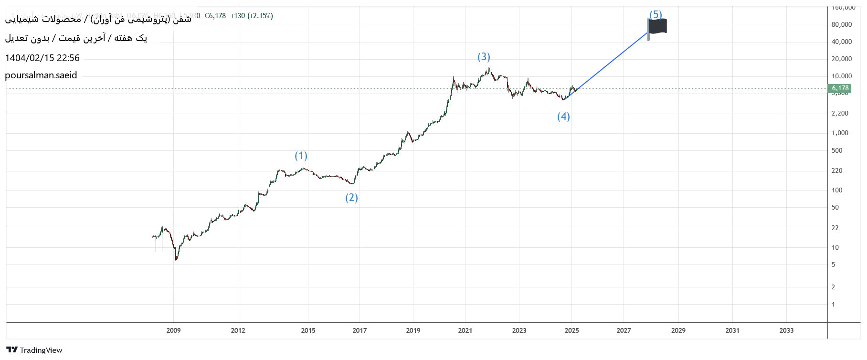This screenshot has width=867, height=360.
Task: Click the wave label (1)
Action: (301, 156)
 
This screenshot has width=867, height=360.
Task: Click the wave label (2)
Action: (351, 198)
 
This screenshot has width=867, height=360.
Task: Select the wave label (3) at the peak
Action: (484, 57)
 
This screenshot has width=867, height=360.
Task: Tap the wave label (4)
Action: (563, 116)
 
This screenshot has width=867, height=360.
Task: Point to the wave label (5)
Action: (656, 14)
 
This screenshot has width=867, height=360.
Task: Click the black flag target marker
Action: (658, 27)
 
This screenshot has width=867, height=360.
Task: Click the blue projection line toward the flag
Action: (611, 62)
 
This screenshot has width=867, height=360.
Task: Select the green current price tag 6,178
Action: (840, 88)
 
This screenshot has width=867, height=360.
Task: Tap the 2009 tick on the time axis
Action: (173, 330)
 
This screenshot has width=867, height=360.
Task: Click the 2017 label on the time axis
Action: (359, 330)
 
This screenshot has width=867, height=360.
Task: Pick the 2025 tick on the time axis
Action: (571, 330)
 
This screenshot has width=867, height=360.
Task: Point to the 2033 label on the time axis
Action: (786, 330)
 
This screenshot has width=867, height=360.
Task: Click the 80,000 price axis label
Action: (841, 24)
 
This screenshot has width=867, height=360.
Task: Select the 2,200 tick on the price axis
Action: (840, 113)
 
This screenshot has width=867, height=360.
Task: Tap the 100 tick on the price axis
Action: (837, 190)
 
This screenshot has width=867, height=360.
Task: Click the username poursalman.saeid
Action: (41, 75)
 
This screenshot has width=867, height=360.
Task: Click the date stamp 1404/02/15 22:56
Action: (42, 58)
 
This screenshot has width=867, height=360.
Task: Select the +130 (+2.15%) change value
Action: (252, 16)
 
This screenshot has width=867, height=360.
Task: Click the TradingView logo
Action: (34, 350)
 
